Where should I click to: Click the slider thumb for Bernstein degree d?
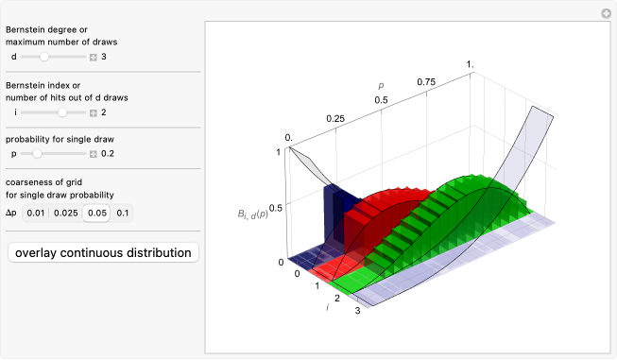click(44, 57)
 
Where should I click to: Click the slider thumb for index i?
click(62, 112)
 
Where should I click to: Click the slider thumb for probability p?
click(37, 153)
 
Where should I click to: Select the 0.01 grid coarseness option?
click(35, 214)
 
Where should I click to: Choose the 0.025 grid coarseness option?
click(66, 214)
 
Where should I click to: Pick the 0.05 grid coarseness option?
click(96, 214)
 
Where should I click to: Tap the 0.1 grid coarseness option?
click(123, 214)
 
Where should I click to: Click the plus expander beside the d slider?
click(94, 58)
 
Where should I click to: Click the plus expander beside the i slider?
click(94, 113)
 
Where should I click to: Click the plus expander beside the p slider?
click(94, 154)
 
